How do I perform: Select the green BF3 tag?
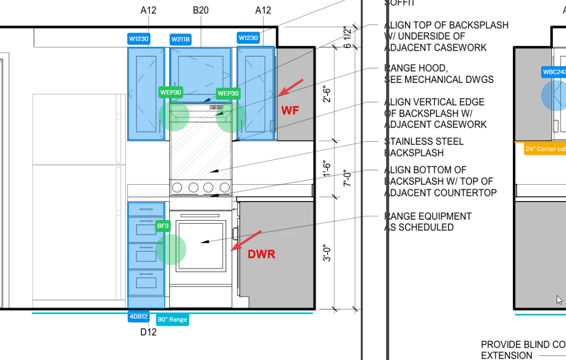coord(163,226)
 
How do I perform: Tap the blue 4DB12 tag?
coord(138,317)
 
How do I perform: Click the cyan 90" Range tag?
coord(172,320)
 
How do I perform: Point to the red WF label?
coord(290,111)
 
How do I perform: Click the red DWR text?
coord(261,254)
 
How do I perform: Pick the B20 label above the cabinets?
coord(200,10)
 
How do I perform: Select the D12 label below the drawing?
coord(148,332)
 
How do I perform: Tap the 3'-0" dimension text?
coord(328,253)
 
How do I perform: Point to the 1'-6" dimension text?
coord(328,169)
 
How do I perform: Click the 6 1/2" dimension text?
coord(347,37)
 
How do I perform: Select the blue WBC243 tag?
coord(554,72)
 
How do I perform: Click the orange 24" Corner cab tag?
coord(545,149)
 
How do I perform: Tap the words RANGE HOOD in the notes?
coord(416,68)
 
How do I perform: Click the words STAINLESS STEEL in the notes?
coord(424,142)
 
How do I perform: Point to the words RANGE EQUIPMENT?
coord(428,216)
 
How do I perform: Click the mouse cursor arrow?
coord(560,299)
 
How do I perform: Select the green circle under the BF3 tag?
coord(171,249)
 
